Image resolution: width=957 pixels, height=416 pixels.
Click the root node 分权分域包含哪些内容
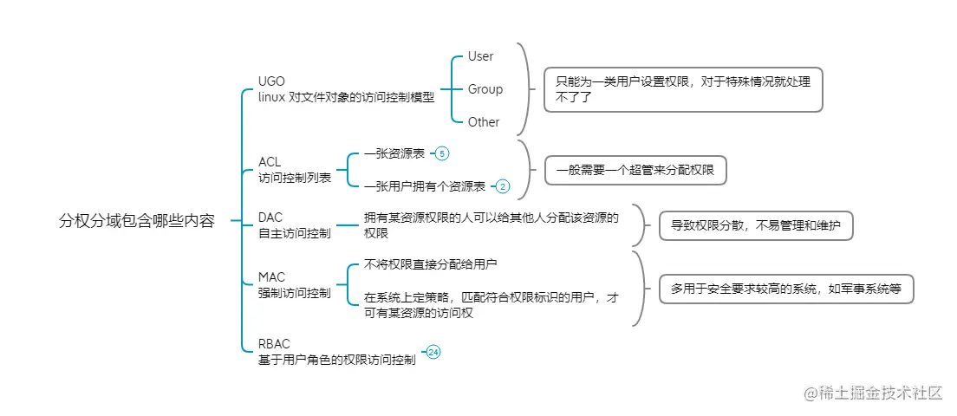tap(136, 221)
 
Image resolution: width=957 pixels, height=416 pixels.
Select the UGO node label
tap(271, 81)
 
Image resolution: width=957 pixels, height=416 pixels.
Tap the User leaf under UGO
tap(480, 56)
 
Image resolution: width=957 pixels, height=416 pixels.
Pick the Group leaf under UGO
tap(485, 89)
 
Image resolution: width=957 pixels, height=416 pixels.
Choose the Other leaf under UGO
tap(484, 122)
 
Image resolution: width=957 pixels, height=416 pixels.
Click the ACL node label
tap(270, 162)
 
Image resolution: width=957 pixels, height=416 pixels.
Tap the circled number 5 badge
tap(442, 153)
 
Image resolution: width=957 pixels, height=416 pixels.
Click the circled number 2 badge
tap(503, 185)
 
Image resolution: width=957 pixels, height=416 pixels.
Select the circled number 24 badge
tap(433, 352)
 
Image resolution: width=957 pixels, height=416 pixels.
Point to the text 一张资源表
tap(394, 153)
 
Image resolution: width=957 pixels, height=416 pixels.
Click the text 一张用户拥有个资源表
tap(424, 185)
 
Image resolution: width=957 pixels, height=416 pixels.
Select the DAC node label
tap(270, 217)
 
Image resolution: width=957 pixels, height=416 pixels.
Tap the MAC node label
tap(271, 277)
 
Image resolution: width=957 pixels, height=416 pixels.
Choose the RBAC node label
tap(274, 344)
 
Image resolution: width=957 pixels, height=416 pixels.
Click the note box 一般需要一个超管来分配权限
tap(635, 171)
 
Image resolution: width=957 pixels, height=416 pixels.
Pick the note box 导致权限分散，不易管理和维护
tap(757, 226)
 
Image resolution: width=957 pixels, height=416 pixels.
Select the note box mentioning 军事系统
tap(786, 289)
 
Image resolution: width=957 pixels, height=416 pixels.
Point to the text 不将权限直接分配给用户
tap(430, 263)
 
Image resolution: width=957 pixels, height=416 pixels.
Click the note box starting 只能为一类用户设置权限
tap(682, 89)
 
